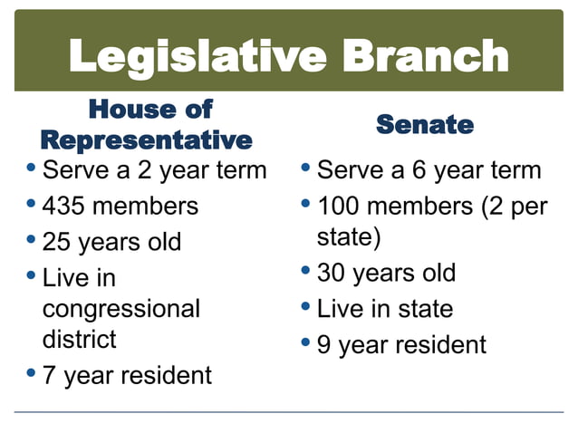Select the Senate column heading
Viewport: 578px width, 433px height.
coord(424,124)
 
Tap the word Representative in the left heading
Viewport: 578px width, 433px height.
coord(146,140)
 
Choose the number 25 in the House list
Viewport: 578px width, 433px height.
coord(55,243)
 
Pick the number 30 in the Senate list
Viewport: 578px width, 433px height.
coord(331,273)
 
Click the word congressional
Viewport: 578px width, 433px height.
coord(121,309)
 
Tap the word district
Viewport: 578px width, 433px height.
coord(80,340)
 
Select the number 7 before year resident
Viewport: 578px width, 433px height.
coord(50,374)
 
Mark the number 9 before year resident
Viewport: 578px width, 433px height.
coord(324,345)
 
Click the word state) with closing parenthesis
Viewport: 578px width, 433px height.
coord(349,237)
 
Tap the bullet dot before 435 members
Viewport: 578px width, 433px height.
coord(32,204)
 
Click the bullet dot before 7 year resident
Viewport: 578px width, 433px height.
coord(32,372)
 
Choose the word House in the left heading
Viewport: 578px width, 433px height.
coord(124,110)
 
